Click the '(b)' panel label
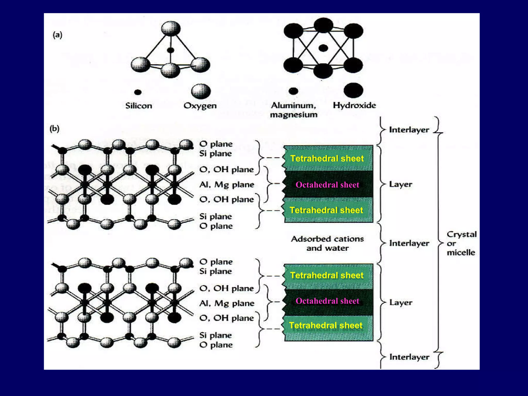[54, 128]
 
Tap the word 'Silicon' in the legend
[139, 106]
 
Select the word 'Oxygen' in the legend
[200, 106]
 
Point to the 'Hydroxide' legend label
[354, 105]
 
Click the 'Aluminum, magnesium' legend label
[294, 110]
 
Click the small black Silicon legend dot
[138, 92]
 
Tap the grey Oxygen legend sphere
[201, 91]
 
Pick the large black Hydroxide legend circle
[353, 90]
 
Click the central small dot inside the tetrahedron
[170, 50]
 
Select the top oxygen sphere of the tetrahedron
[171, 28]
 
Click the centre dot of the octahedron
[323, 48]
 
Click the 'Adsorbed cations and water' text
[327, 243]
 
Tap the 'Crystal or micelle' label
[461, 243]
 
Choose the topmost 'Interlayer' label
[409, 130]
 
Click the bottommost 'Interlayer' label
[409, 357]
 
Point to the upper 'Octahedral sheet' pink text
[327, 185]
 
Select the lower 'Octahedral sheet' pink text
[327, 301]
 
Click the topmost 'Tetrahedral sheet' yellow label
[327, 158]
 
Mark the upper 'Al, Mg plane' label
[227, 185]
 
